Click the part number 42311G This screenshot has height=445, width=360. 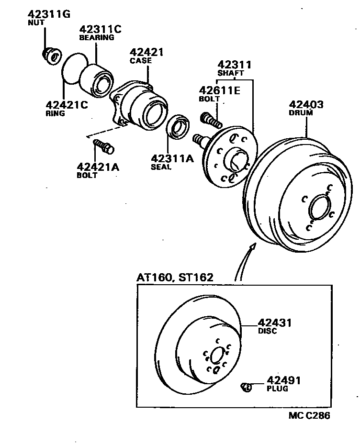point(49,13)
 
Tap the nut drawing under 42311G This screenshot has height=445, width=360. point(51,56)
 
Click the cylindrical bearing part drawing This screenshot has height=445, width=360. point(97,80)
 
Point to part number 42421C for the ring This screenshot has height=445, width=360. point(67,105)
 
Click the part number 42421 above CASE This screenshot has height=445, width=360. point(147,52)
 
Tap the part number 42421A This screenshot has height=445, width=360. point(98,167)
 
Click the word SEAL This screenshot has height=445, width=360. point(161,167)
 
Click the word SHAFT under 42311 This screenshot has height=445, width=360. point(231,73)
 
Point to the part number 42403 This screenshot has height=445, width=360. point(306,104)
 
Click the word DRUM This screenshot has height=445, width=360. point(301,113)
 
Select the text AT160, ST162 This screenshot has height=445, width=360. point(175,278)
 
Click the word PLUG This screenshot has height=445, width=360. point(278,389)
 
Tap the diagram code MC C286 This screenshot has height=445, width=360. point(309,415)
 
